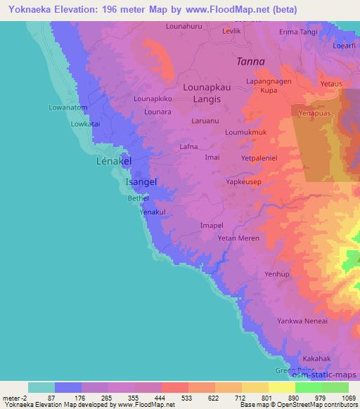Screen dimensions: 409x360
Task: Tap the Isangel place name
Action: pos(141,182)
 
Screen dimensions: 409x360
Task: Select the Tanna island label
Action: pos(250,61)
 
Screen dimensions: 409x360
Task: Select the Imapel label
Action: pos(212,226)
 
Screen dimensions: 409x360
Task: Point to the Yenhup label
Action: pos(276,274)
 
